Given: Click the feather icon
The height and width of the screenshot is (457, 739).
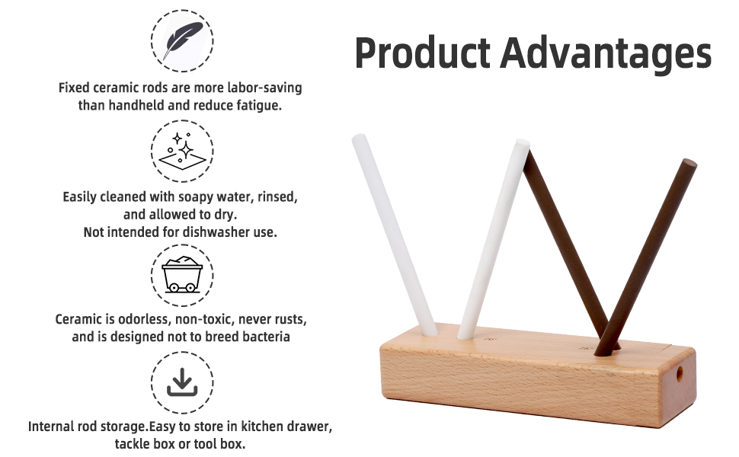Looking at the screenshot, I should pyautogui.click(x=182, y=40).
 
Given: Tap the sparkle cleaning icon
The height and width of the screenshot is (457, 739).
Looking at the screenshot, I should pyautogui.click(x=182, y=150).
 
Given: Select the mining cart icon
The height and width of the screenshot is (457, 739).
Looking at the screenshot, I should pyautogui.click(x=182, y=275).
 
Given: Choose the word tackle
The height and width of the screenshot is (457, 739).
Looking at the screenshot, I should pyautogui.click(x=136, y=444).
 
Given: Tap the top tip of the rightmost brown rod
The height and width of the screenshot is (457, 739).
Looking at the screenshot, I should pyautogui.click(x=689, y=163).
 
